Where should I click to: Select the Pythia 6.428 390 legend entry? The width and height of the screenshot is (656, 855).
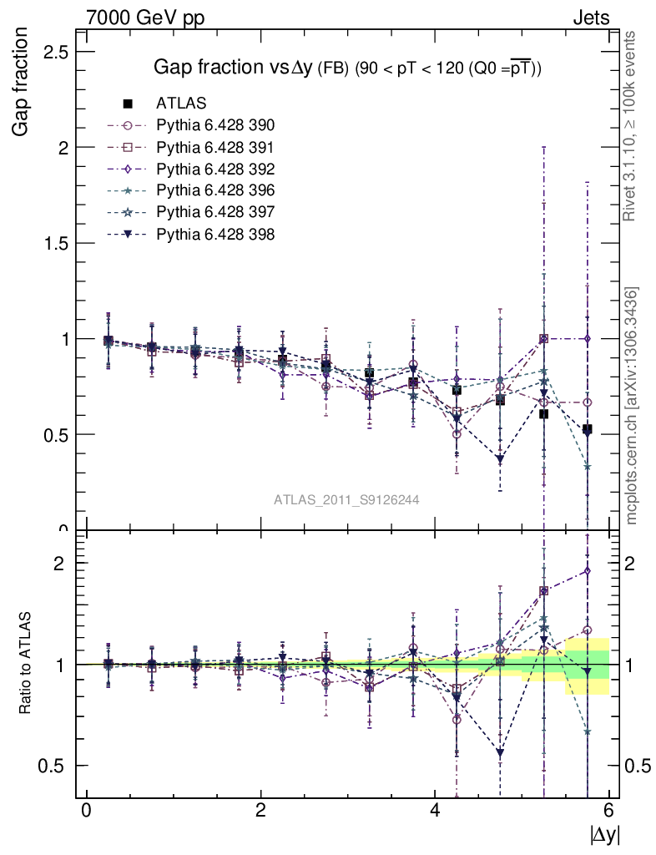(215, 125)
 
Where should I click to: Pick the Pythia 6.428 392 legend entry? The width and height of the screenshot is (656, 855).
(215, 169)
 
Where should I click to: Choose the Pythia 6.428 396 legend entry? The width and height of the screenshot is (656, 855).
(215, 190)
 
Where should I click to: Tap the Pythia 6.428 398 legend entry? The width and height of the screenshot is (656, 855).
(215, 234)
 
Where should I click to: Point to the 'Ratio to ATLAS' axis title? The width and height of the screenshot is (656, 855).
(26, 665)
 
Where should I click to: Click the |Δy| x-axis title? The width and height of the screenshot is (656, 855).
(604, 834)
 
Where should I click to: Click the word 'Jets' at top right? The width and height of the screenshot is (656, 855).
(590, 18)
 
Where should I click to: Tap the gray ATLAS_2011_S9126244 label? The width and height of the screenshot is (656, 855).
(346, 499)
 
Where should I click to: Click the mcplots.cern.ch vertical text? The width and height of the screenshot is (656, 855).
(632, 406)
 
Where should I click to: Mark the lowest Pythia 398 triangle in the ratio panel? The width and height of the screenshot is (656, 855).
(500, 753)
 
